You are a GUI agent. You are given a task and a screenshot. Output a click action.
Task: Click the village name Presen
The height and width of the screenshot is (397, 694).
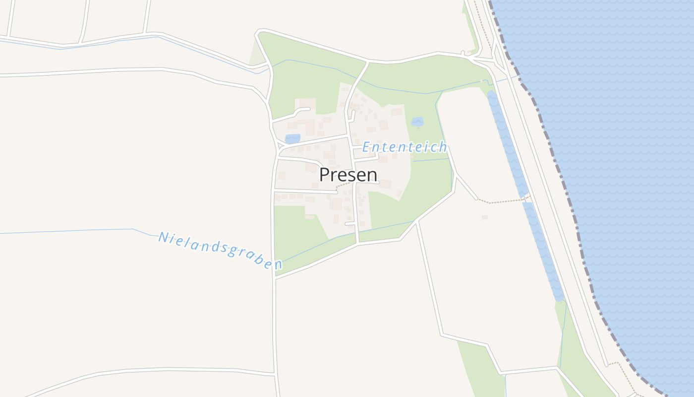click(x=348, y=175)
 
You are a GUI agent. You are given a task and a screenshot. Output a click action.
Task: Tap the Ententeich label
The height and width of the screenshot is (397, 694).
click(x=405, y=147)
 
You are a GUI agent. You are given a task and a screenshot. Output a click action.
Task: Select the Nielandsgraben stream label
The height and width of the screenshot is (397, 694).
click(x=220, y=251)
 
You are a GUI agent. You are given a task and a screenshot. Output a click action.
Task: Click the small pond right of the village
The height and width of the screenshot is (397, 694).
click(x=417, y=122)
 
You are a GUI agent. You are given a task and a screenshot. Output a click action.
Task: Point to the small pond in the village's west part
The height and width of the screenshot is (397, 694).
click(x=292, y=139)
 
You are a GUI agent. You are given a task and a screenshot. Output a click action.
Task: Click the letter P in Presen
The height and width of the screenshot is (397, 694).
click(x=325, y=175)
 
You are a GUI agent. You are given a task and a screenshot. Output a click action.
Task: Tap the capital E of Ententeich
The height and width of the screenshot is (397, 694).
click(x=367, y=147)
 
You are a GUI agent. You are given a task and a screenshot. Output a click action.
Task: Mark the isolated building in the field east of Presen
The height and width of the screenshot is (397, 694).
click(x=484, y=217)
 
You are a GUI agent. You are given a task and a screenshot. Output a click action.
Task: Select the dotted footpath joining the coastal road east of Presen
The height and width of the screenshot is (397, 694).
click(x=501, y=202)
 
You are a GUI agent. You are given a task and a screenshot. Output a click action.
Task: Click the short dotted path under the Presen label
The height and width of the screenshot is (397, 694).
click(x=344, y=185)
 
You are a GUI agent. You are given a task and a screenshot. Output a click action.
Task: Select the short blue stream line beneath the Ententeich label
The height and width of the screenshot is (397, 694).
click(x=430, y=160)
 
